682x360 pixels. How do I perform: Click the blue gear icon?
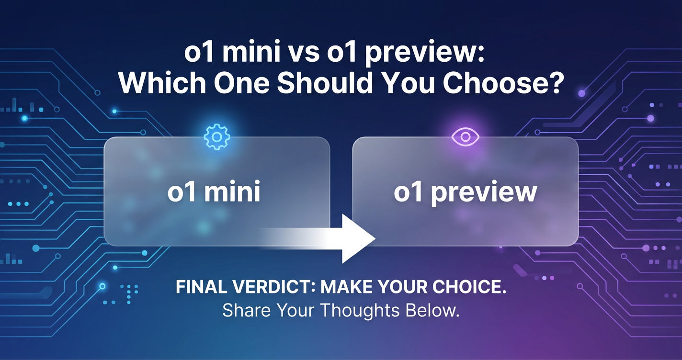tap(217, 137)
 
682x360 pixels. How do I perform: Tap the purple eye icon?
tap(465, 137)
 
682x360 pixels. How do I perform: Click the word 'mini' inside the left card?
tap(232, 191)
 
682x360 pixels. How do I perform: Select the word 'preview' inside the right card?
tap(484, 193)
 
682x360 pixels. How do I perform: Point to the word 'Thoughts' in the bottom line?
tap(360, 311)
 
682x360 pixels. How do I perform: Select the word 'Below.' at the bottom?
tap(432, 310)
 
